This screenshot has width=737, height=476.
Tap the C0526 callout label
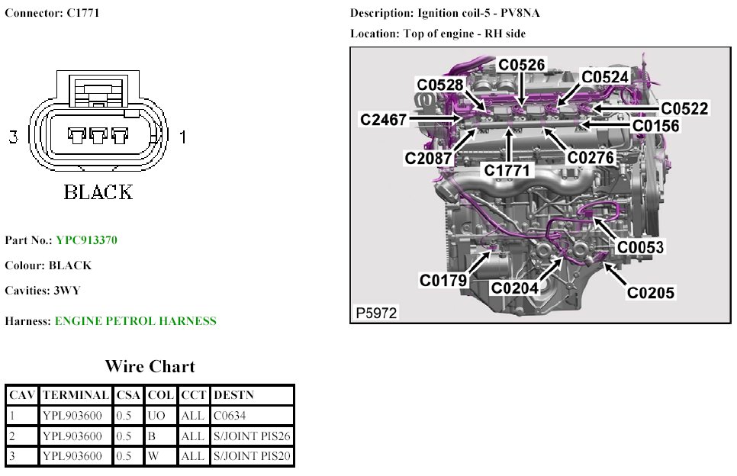point(522,65)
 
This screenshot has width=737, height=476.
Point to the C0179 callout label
point(443,280)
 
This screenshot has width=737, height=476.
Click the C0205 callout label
point(651,291)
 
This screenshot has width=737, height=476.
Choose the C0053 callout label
point(640,247)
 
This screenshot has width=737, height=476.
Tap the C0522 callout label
point(684,109)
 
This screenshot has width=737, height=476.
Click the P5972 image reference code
point(375,313)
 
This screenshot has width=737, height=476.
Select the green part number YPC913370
point(86,240)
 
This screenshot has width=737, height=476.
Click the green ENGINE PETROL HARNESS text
point(135,321)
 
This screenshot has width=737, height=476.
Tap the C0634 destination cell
point(230,416)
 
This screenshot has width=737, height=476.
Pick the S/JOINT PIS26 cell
point(252,436)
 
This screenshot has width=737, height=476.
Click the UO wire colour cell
point(156,416)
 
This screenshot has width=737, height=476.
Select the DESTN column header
point(233,395)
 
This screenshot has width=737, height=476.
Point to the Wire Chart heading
point(150,366)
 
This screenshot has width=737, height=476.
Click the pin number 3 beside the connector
point(12,137)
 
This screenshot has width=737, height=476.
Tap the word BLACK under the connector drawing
point(98,191)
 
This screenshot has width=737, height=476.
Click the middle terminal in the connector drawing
point(97,136)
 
